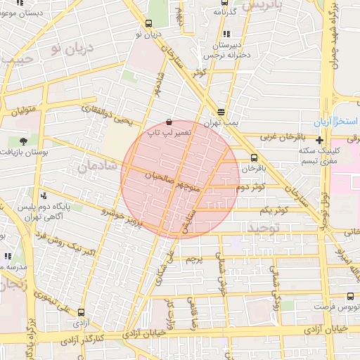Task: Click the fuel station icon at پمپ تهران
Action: [221, 112]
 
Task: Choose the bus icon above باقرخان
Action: [253, 157]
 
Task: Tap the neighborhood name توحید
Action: [264, 229]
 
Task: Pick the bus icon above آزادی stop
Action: [81, 312]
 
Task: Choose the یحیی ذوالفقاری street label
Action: [106, 115]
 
